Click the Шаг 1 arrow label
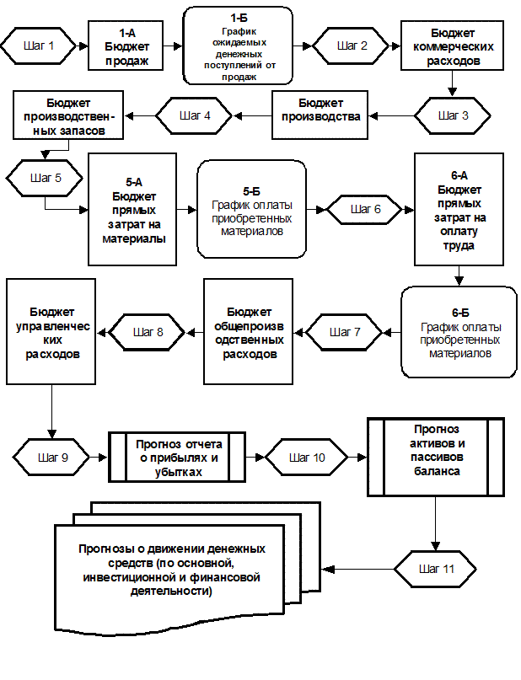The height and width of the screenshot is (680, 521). [39, 46]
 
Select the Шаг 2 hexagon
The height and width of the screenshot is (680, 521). [352, 46]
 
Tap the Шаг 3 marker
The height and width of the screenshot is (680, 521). [454, 116]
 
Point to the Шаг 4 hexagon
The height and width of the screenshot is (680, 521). [195, 116]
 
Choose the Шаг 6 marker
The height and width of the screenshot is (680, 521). [364, 209]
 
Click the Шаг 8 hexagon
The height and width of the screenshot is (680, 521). [148, 332]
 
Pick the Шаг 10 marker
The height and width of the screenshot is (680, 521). [306, 458]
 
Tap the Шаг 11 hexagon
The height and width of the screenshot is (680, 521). [436, 570]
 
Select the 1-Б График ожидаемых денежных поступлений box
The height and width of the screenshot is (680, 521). [238, 46]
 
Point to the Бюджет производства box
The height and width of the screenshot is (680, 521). [320, 115]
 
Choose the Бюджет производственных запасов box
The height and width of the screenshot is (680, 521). [67, 115]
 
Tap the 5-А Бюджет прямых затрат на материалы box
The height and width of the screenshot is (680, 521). [133, 210]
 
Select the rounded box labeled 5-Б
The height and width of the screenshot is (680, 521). [251, 210]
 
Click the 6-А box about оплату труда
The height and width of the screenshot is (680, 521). [459, 210]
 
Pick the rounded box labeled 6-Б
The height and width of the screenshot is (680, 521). [459, 332]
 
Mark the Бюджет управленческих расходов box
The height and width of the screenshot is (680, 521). [51, 332]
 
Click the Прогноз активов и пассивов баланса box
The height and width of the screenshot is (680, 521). [436, 456]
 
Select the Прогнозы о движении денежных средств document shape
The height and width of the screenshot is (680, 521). [171, 570]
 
